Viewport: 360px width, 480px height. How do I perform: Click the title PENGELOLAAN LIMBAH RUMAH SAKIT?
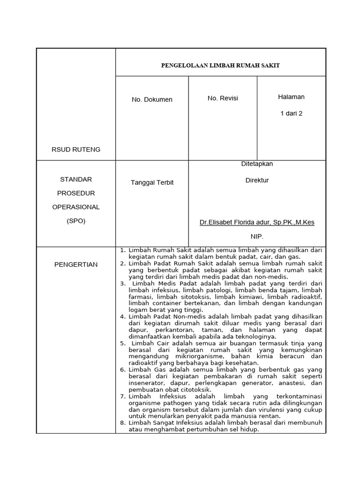coord(220,65)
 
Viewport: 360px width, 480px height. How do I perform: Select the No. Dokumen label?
coord(152,99)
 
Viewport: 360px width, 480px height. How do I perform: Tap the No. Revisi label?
coord(223,98)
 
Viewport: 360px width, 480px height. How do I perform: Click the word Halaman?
coord(291,97)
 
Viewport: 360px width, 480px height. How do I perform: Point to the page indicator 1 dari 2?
coord(291,113)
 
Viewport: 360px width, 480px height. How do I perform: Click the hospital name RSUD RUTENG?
coord(76,150)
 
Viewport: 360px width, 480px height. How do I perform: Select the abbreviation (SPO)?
coord(76,221)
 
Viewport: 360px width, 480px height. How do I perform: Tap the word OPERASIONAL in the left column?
coord(76,207)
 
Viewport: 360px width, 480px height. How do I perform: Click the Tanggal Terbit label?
coord(152,182)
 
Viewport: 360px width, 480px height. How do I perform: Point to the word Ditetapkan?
coord(257,164)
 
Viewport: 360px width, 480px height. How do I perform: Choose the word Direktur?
coord(257,180)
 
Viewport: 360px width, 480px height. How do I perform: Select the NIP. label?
coord(257,237)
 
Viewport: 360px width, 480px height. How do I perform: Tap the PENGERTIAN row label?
coord(76,264)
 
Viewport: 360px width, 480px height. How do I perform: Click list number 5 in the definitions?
coord(122,343)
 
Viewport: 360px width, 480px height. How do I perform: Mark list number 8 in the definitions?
coord(122,423)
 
